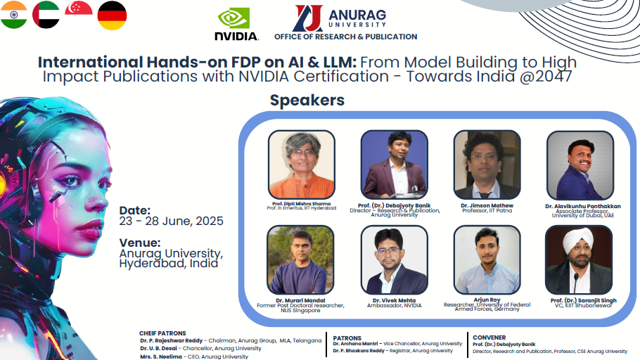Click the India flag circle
coord(13,15)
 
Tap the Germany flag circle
coord(112,15)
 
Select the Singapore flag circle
coord(78,8)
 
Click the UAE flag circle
coord(46,15)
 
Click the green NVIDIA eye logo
coord(233,19)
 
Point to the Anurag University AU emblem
coord(308,18)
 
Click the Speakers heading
coord(307,100)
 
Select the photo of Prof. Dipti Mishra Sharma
coord(302,165)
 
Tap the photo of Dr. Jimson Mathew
coord(487,165)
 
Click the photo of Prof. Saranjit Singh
coord(579,259)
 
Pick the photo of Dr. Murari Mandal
coord(300,259)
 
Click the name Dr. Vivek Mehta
coord(394,300)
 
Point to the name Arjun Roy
coord(487,300)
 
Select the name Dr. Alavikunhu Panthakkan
coord(583,206)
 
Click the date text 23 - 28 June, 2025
coord(172,221)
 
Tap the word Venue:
coord(140,243)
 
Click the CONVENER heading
coord(489,337)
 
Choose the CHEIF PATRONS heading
coord(162,333)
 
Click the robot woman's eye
coord(72,179)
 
